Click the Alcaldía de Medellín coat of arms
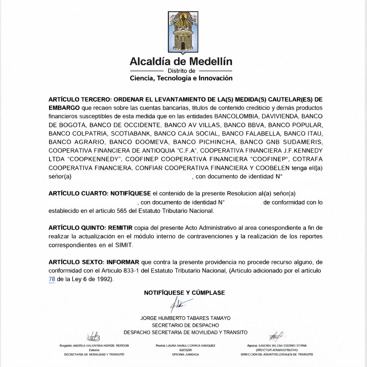click(183, 31)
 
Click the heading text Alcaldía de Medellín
click(181, 61)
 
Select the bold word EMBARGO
click(64, 108)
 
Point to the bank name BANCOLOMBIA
click(236, 116)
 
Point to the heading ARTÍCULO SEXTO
click(74, 262)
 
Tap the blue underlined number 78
click(52, 279)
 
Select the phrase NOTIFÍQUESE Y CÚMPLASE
click(184, 293)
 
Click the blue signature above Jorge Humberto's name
click(178, 305)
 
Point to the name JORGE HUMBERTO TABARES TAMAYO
click(185, 318)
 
